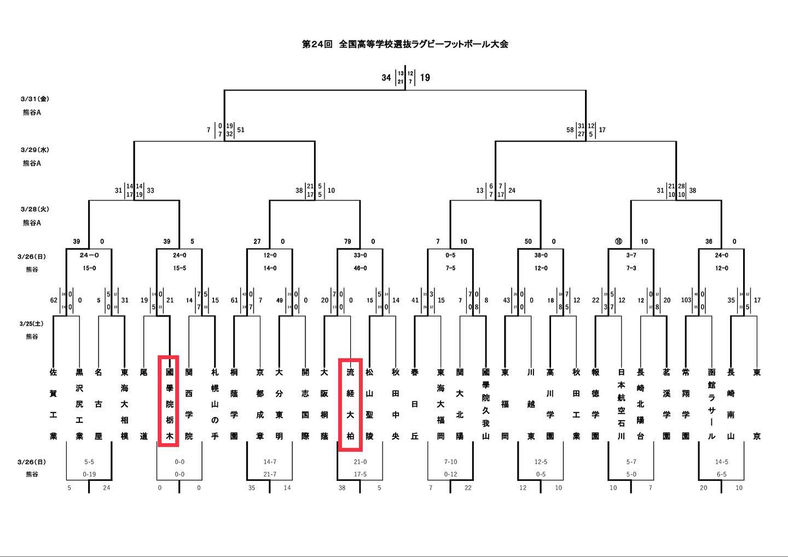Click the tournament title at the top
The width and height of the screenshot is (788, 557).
point(405,44)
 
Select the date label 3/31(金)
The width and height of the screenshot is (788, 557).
point(35,99)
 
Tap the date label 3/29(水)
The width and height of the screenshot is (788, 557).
point(35,149)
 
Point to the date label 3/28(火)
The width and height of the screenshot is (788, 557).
point(35,209)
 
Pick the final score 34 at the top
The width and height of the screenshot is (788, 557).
point(386,78)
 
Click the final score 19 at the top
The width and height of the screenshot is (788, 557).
point(425,78)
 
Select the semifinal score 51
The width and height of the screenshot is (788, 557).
point(241,130)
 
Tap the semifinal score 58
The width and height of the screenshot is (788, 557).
point(570,130)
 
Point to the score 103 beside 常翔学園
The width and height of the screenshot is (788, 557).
point(686,300)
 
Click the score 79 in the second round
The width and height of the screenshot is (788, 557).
point(347,242)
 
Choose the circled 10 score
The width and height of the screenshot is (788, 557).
point(618,242)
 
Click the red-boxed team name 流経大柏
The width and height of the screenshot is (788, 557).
point(350,404)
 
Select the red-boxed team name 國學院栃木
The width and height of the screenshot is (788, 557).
point(170,404)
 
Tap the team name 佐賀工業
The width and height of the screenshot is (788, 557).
point(53,404)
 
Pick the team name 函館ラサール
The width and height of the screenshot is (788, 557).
point(711,404)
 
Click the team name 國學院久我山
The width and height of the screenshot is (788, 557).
point(485,404)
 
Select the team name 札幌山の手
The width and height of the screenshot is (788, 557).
point(215,404)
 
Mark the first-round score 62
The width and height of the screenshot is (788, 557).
point(53,300)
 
